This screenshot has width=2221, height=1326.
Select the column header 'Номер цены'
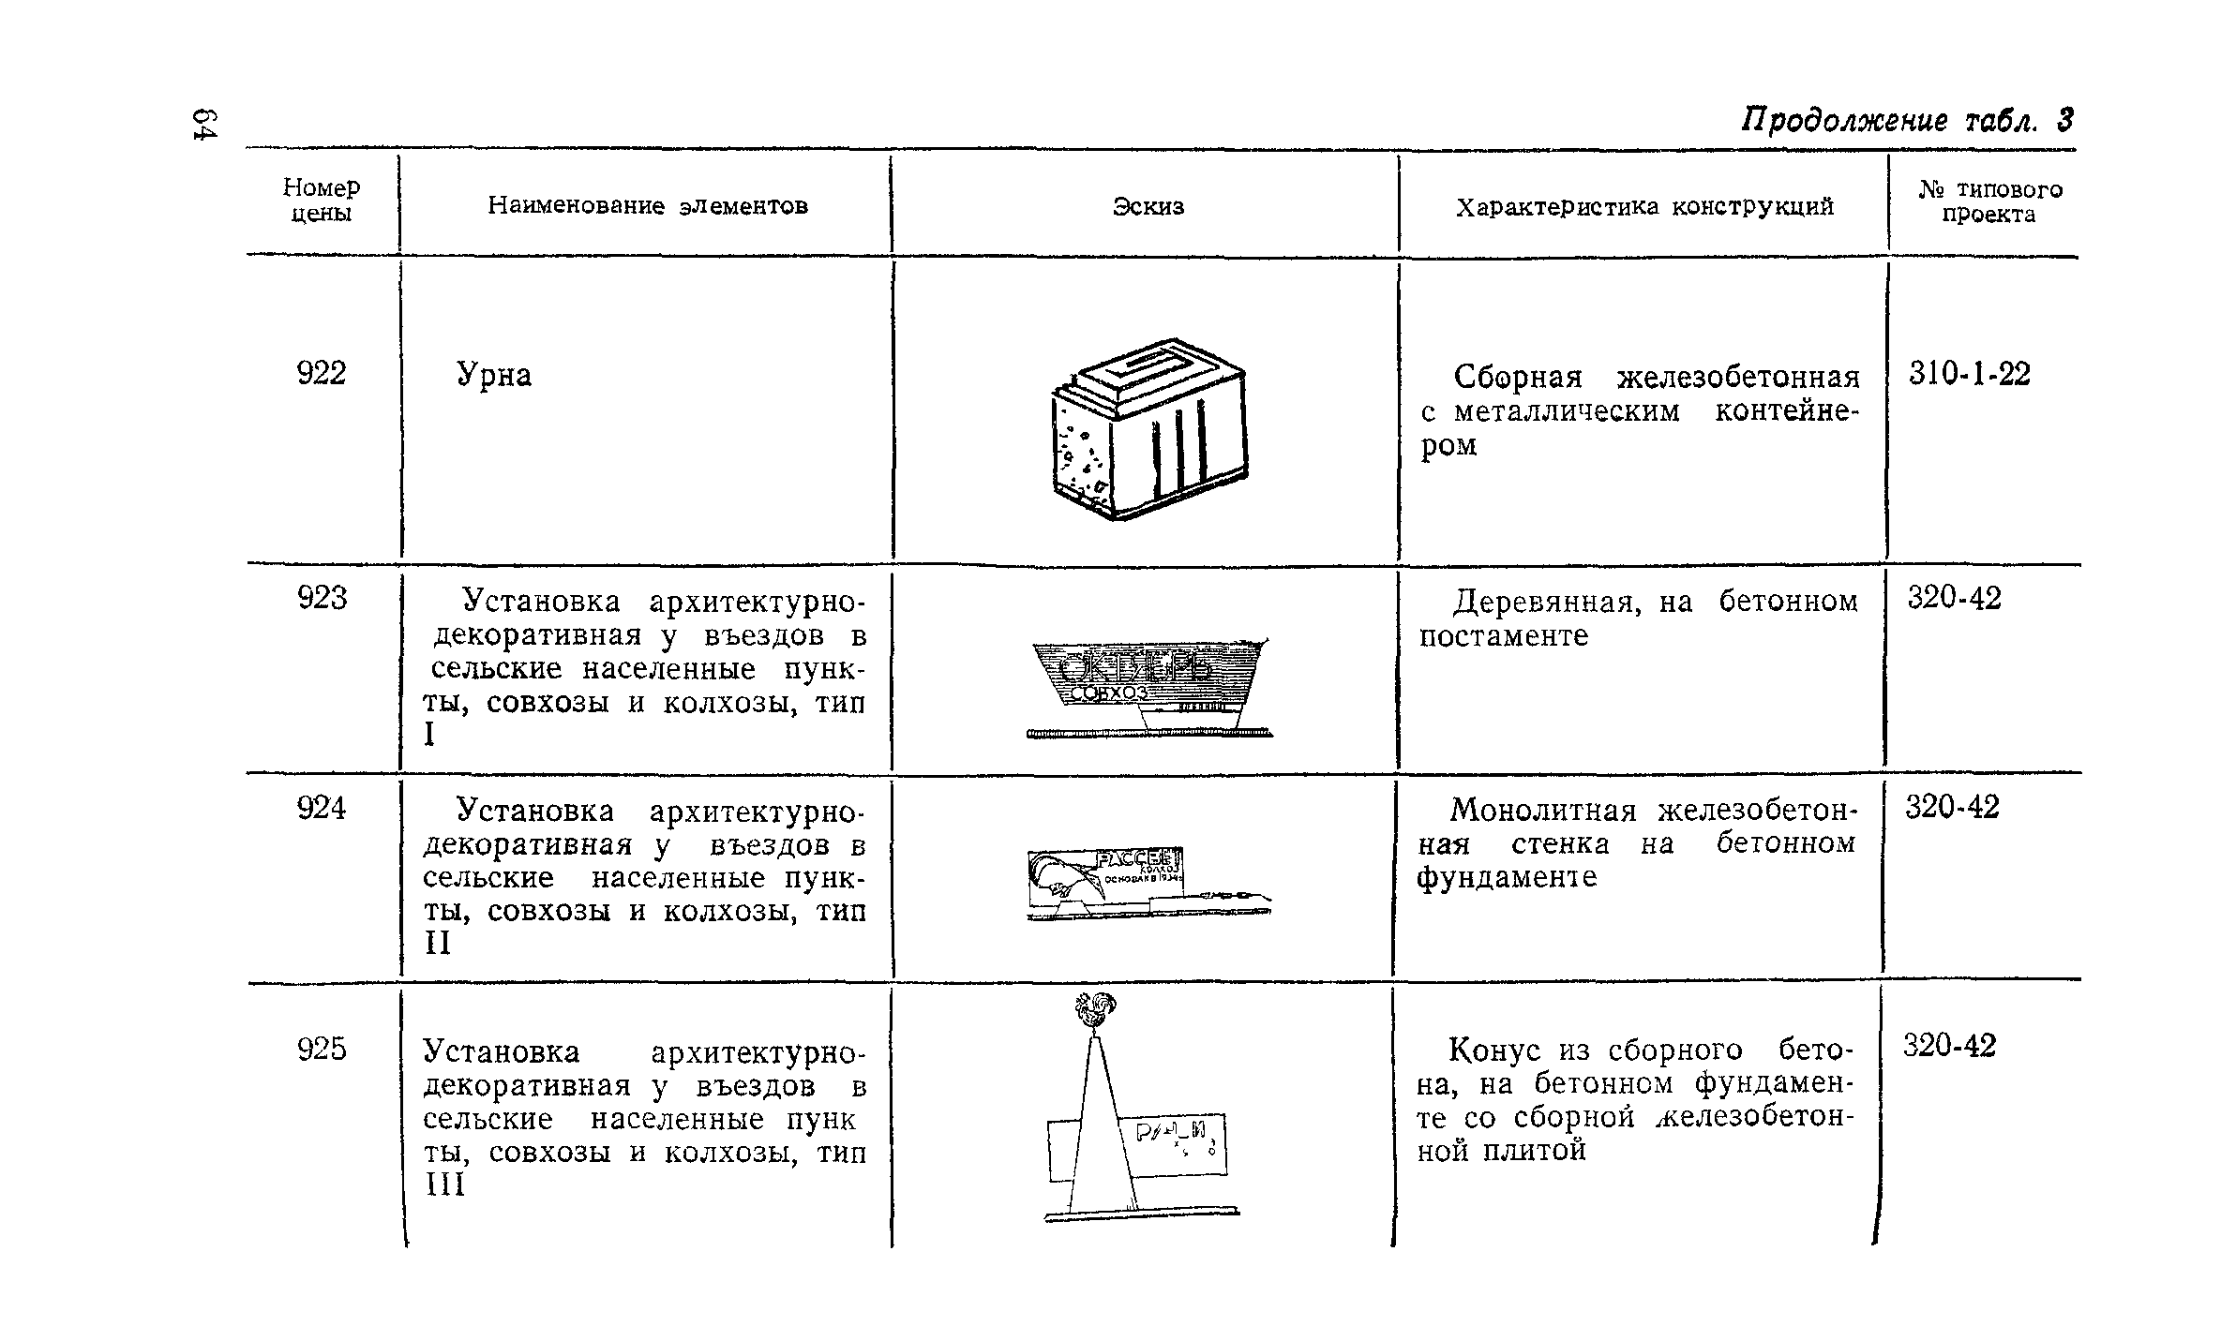[x=322, y=201]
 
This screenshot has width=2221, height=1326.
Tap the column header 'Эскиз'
[x=1148, y=206]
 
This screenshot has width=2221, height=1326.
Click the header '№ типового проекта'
[x=1988, y=201]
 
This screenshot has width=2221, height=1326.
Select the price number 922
[x=322, y=374]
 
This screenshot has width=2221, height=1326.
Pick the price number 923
[x=322, y=598]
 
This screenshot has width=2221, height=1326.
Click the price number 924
[x=322, y=808]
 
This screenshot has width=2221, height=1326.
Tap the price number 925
[x=322, y=1050]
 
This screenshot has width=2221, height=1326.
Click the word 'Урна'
[x=494, y=376]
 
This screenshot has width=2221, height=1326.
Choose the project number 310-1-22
[x=1970, y=375]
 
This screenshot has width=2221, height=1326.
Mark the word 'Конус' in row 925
[x=1495, y=1050]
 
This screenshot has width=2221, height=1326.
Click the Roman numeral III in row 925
[x=444, y=1185]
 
